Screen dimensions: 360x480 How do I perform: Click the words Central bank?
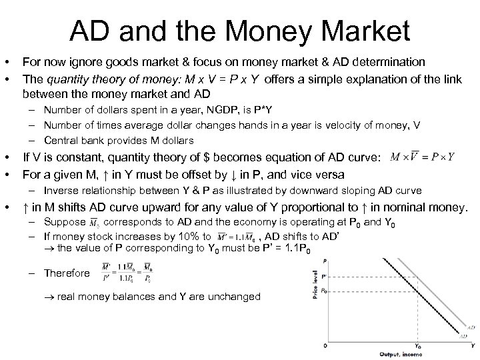click(x=74, y=140)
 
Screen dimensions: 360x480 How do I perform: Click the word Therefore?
click(x=67, y=273)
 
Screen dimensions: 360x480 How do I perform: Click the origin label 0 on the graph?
click(x=325, y=345)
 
